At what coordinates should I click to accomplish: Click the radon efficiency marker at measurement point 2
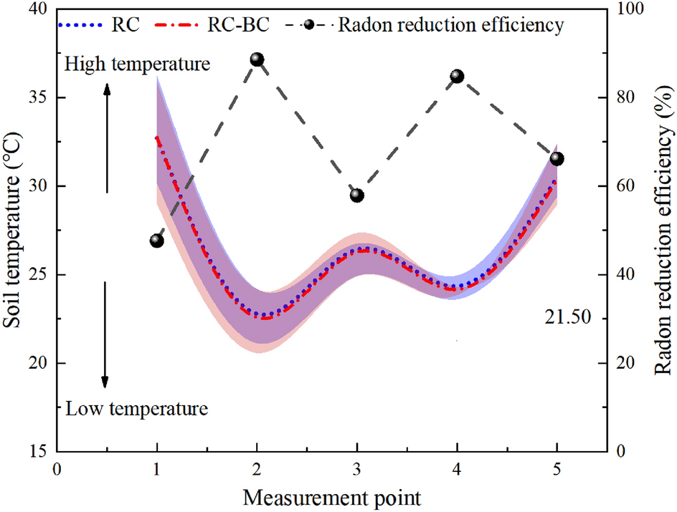257,59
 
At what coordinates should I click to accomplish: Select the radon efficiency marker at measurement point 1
157,241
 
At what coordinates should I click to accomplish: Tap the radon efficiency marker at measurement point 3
357,195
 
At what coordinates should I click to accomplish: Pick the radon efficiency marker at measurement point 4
457,76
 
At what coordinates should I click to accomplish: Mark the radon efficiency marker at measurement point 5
557,158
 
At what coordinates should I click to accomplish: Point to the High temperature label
136,64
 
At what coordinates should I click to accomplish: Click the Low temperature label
136,410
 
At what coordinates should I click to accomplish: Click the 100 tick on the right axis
629,9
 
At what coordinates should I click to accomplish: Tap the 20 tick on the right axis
625,363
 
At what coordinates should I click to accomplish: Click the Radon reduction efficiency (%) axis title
663,229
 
